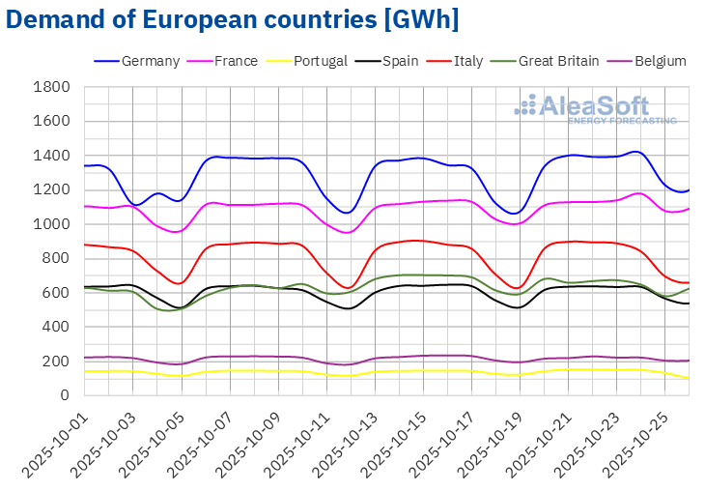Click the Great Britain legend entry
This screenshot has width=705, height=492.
click(558, 61)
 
